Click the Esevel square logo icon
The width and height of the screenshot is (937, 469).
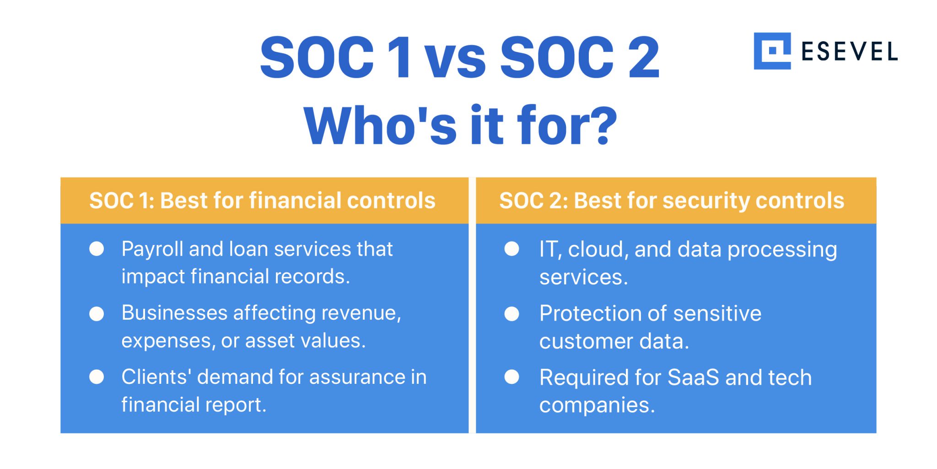pyautogui.click(x=772, y=51)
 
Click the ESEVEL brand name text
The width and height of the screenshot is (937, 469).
pyautogui.click(x=850, y=51)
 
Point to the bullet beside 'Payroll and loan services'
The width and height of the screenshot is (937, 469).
pyautogui.click(x=97, y=249)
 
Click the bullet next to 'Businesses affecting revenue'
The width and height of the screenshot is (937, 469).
pyautogui.click(x=97, y=314)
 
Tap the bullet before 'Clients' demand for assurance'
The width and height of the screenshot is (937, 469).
pyautogui.click(x=97, y=377)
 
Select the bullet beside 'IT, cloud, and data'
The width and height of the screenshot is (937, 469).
pyautogui.click(x=512, y=249)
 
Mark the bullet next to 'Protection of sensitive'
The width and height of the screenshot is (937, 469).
pyautogui.click(x=512, y=314)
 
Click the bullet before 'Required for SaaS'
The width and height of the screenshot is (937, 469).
pyautogui.click(x=512, y=377)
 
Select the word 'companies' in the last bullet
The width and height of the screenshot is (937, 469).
pyautogui.click(x=597, y=405)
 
